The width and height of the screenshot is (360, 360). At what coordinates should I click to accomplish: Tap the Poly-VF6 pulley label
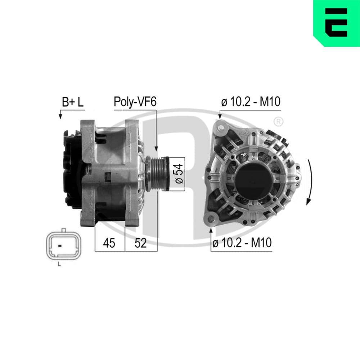tap(135, 102)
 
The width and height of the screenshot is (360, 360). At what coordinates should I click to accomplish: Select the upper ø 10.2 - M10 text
tap(251, 102)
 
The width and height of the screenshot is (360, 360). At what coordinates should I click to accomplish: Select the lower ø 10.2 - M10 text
tap(242, 243)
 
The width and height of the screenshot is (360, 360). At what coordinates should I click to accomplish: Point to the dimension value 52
tap(140, 243)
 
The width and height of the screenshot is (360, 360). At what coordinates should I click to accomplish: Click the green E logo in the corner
tap(336, 22)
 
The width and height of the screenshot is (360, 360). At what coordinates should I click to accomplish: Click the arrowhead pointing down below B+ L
tap(60, 117)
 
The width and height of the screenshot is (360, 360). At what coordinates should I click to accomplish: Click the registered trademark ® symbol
tap(278, 121)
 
